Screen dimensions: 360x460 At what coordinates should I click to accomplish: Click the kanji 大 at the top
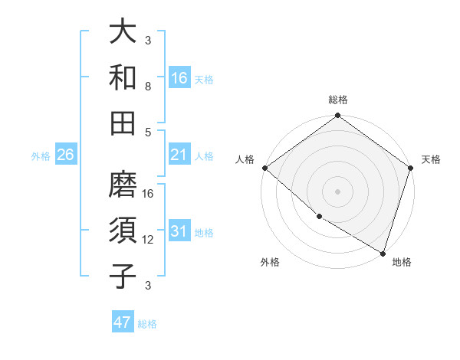[x=123, y=34]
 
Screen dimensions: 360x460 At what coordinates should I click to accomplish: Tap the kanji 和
[x=123, y=78]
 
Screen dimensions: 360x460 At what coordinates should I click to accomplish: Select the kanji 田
[x=123, y=123]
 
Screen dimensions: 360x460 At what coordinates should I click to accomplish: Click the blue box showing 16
[x=179, y=78]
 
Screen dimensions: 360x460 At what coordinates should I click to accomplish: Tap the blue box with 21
[x=179, y=155]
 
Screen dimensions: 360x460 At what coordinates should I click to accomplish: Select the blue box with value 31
[x=179, y=232]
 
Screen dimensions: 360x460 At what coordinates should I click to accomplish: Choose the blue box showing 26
[x=65, y=155]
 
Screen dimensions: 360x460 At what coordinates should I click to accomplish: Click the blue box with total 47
[x=123, y=322]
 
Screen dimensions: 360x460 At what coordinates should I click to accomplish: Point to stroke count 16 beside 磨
[x=149, y=194]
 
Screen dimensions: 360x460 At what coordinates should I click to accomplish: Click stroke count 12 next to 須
[x=149, y=240]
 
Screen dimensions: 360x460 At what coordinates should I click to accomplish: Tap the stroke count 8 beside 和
[x=148, y=86]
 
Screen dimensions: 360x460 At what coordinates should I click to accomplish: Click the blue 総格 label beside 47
[x=148, y=324]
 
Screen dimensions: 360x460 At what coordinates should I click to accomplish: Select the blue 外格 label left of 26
[x=41, y=156]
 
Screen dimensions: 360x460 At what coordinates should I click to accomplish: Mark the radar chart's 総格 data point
[x=337, y=116]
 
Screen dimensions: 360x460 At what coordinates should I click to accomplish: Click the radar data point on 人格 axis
[x=264, y=168]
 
